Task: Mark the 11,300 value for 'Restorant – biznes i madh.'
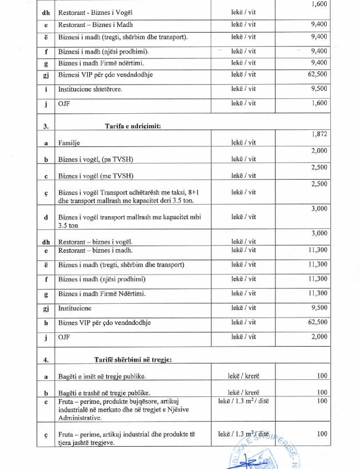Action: pos(317,250)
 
